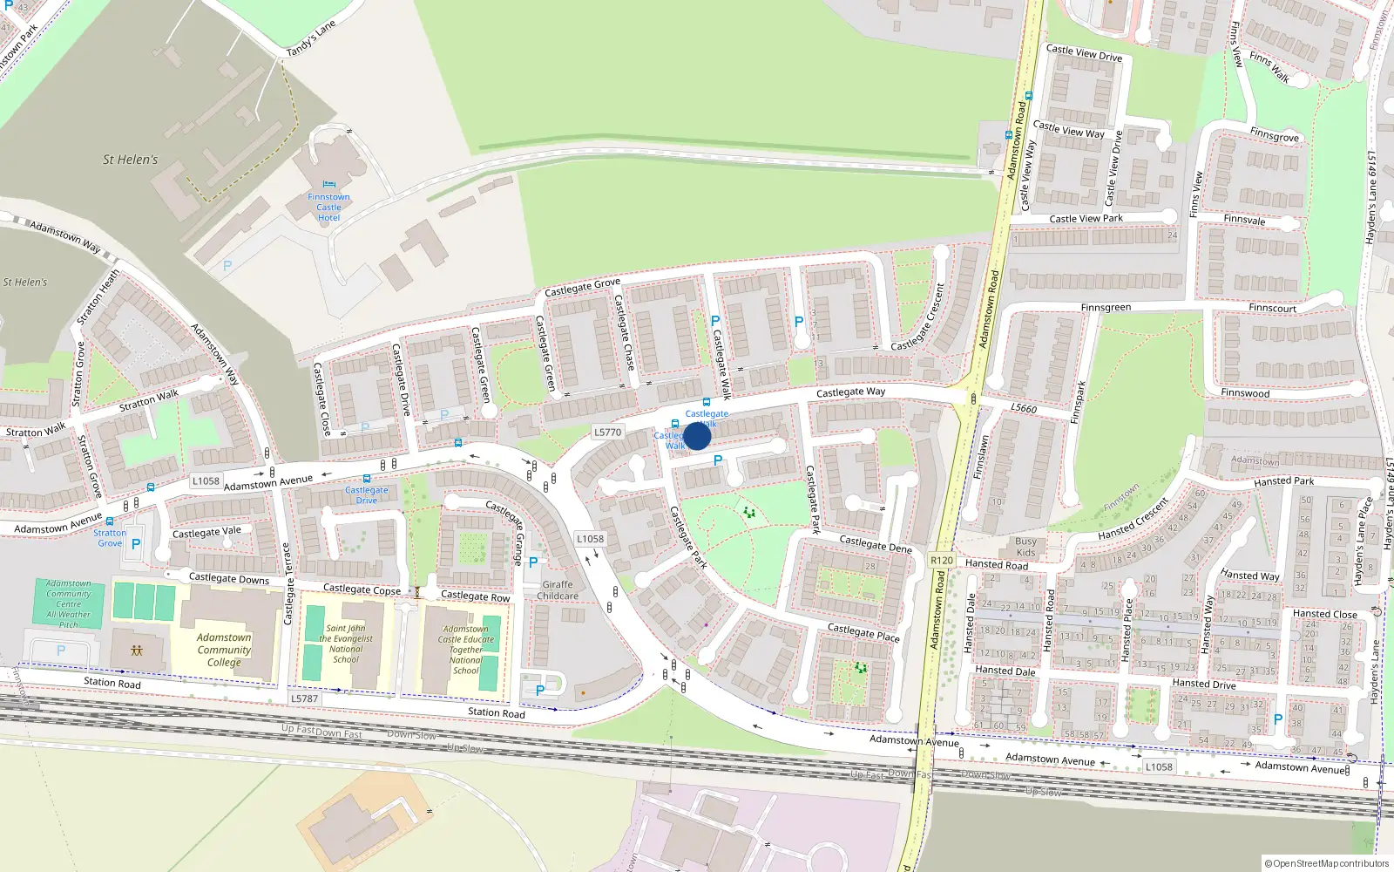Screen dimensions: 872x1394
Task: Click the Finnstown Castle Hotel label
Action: click(328, 208)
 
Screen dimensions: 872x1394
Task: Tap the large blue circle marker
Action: click(697, 436)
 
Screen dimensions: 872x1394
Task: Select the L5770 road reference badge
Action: click(607, 432)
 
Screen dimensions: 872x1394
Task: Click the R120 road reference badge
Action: click(942, 561)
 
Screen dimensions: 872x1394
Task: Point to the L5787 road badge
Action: click(305, 698)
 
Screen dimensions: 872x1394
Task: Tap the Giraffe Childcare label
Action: click(558, 590)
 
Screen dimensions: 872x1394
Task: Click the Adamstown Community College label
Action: click(224, 650)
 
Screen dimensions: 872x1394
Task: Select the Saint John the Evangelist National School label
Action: click(346, 644)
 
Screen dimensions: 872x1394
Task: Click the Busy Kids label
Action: click(1025, 547)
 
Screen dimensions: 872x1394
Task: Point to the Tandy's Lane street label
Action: click(311, 39)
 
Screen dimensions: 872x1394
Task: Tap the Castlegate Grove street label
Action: click(582, 287)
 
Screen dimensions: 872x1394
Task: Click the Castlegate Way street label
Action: click(850, 392)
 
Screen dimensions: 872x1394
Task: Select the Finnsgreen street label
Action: click(1106, 308)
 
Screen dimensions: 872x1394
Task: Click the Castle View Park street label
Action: click(1086, 219)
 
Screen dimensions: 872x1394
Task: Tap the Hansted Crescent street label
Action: click(1133, 519)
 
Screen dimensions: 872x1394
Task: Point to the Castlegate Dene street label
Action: click(875, 544)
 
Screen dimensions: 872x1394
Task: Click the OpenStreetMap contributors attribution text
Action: click(1328, 863)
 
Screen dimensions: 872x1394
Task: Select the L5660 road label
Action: click(1024, 408)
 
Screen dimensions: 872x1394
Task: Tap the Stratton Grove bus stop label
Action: click(110, 538)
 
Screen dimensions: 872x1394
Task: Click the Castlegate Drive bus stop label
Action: click(367, 495)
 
